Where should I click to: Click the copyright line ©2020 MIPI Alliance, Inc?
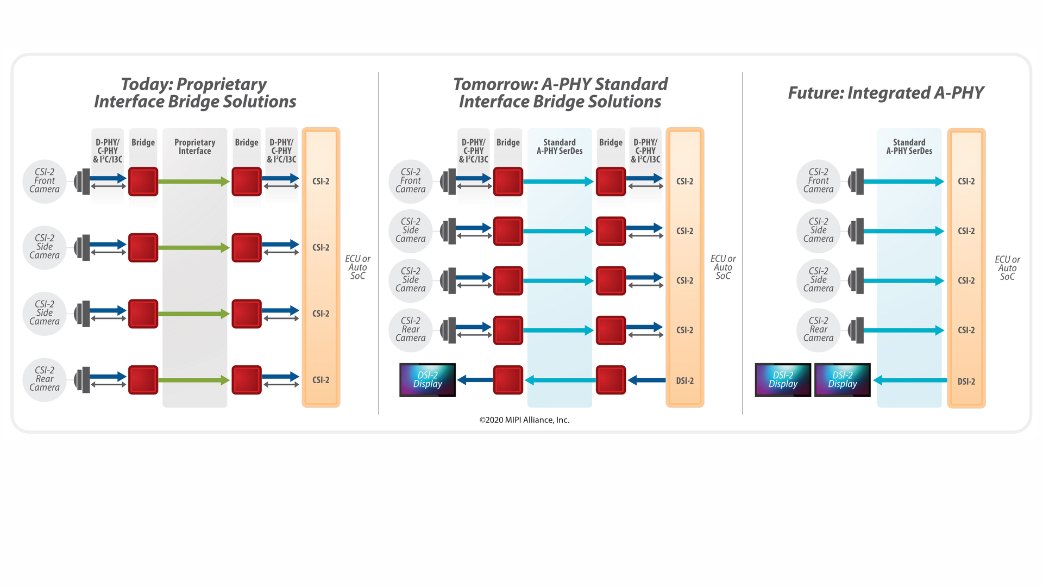pyautogui.click(x=524, y=420)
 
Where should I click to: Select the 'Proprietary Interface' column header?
pyautogui.click(x=194, y=147)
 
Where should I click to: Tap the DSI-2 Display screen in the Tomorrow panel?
pyautogui.click(x=428, y=379)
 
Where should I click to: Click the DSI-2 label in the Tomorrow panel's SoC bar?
pyautogui.click(x=684, y=381)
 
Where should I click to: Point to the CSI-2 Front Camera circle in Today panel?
pyautogui.click(x=45, y=181)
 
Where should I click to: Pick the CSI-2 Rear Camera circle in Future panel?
pyautogui.click(x=818, y=329)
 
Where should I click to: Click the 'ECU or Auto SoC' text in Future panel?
pyautogui.click(x=1007, y=268)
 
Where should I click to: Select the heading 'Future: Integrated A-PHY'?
pyautogui.click(x=885, y=93)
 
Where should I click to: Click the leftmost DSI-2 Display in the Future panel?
pyautogui.click(x=783, y=379)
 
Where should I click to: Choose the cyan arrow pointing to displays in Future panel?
pyautogui.click(x=910, y=380)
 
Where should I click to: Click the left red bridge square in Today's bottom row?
pyautogui.click(x=143, y=380)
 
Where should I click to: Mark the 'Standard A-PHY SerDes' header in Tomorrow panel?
pyautogui.click(x=560, y=147)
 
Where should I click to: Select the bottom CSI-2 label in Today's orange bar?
pyautogui.click(x=321, y=380)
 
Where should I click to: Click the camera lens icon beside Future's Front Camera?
pyautogui.click(x=857, y=182)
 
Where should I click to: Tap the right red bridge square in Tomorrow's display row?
pyautogui.click(x=611, y=380)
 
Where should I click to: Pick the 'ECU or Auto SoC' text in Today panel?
pyautogui.click(x=357, y=267)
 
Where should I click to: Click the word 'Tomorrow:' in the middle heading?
pyautogui.click(x=495, y=84)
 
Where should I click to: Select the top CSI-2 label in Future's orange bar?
pyautogui.click(x=966, y=182)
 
